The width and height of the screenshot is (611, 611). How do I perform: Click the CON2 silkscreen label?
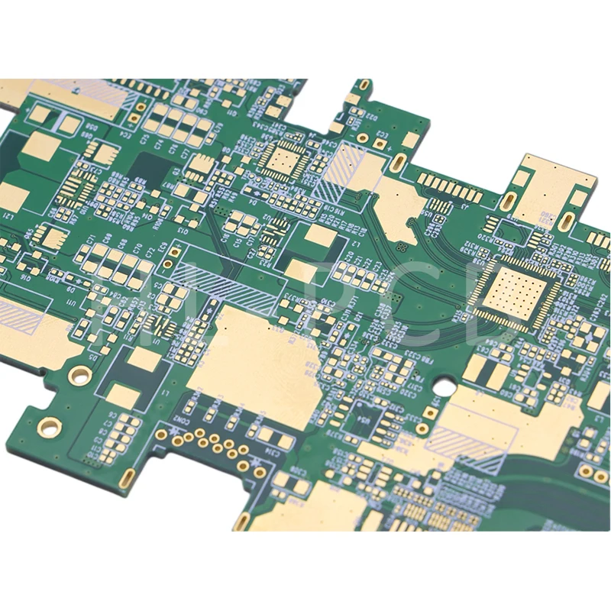tap(181, 421)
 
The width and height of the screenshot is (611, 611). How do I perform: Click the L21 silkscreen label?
tap(8, 217)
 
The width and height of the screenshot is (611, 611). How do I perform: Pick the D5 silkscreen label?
tap(93, 356)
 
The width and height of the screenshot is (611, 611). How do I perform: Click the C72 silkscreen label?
tap(150, 252)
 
